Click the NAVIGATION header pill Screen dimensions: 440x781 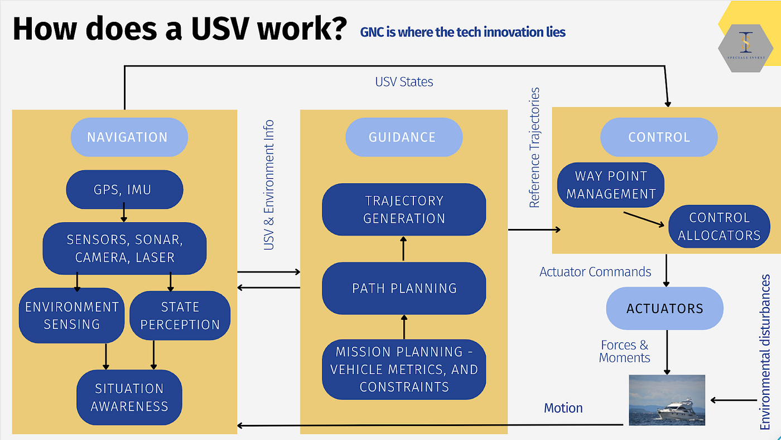tap(129, 137)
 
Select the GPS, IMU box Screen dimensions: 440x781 tap(124, 190)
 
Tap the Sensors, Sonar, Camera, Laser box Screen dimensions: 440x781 tap(124, 248)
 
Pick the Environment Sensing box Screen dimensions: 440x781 tap(71, 315)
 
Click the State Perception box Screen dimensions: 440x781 tap(180, 315)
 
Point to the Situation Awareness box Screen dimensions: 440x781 tap(129, 397)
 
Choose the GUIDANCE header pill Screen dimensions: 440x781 tap(404, 137)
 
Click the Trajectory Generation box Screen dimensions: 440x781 tap(404, 209)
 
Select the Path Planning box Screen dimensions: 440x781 tap(404, 288)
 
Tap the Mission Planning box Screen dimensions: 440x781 tap(404, 369)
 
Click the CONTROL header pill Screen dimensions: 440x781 tap(659, 137)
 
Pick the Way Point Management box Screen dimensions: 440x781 tap(611, 185)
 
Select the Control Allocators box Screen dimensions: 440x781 tap(719, 226)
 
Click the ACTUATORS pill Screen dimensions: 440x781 tap(664, 308)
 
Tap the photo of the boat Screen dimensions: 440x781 tap(667, 400)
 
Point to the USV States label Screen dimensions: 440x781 tap(404, 82)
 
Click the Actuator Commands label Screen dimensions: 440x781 tap(595, 272)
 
